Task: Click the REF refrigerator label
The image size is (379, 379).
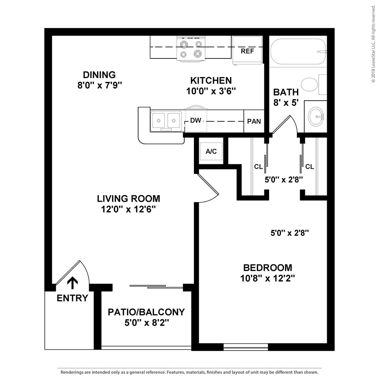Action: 247,51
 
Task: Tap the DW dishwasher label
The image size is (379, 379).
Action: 195,121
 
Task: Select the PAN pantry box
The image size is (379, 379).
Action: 254,121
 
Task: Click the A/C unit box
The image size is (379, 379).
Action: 211,151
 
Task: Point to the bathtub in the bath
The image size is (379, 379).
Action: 298,51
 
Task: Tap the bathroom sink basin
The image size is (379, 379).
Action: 316,116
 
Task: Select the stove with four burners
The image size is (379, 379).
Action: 191,49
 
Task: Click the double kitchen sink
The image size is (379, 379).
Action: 166,121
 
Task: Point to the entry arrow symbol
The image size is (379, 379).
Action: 72,283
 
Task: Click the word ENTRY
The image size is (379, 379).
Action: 73,298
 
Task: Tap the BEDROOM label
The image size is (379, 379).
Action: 268,268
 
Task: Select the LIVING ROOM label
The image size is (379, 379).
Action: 128,198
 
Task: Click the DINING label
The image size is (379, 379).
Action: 99,75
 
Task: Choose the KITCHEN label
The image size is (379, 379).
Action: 211,80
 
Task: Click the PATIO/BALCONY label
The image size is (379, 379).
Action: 146,312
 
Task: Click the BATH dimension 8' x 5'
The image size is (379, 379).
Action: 286,103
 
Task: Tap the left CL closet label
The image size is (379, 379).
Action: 258,167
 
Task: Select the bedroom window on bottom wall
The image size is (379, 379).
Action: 246,347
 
